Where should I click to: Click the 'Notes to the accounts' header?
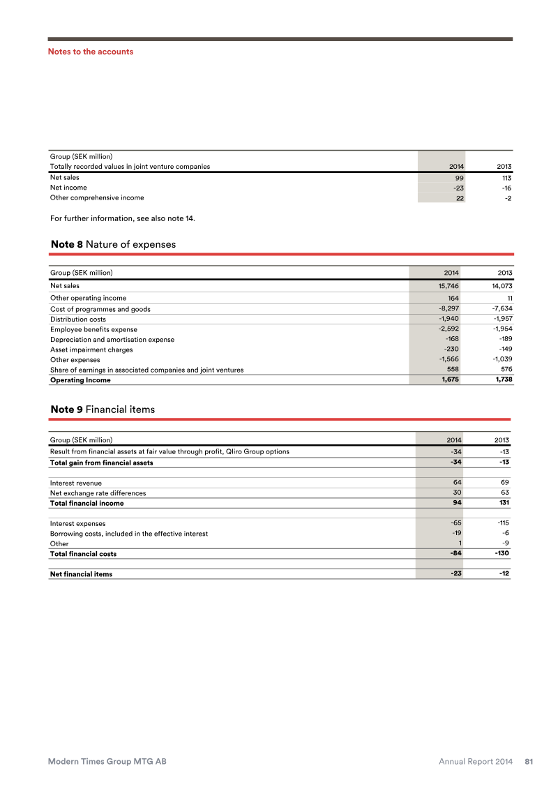(x=90, y=52)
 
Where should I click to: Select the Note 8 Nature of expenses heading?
(x=113, y=244)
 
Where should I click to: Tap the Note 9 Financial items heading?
(x=103, y=409)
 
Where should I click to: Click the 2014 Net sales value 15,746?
(x=444, y=285)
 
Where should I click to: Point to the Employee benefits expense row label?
(x=93, y=329)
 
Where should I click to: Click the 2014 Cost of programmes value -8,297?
(x=444, y=309)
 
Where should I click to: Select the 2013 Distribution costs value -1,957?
(x=499, y=319)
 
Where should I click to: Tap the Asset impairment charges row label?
(x=91, y=350)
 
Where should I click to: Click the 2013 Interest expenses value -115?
(x=502, y=523)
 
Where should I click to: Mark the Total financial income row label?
(x=86, y=503)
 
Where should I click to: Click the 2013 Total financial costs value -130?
(x=500, y=554)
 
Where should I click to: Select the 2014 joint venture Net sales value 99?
(x=456, y=178)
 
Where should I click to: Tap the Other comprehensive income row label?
(x=97, y=197)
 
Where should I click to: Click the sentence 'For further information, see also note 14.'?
(x=123, y=218)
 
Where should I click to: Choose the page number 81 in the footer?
(x=529, y=762)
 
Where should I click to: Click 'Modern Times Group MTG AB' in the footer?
(x=107, y=762)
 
